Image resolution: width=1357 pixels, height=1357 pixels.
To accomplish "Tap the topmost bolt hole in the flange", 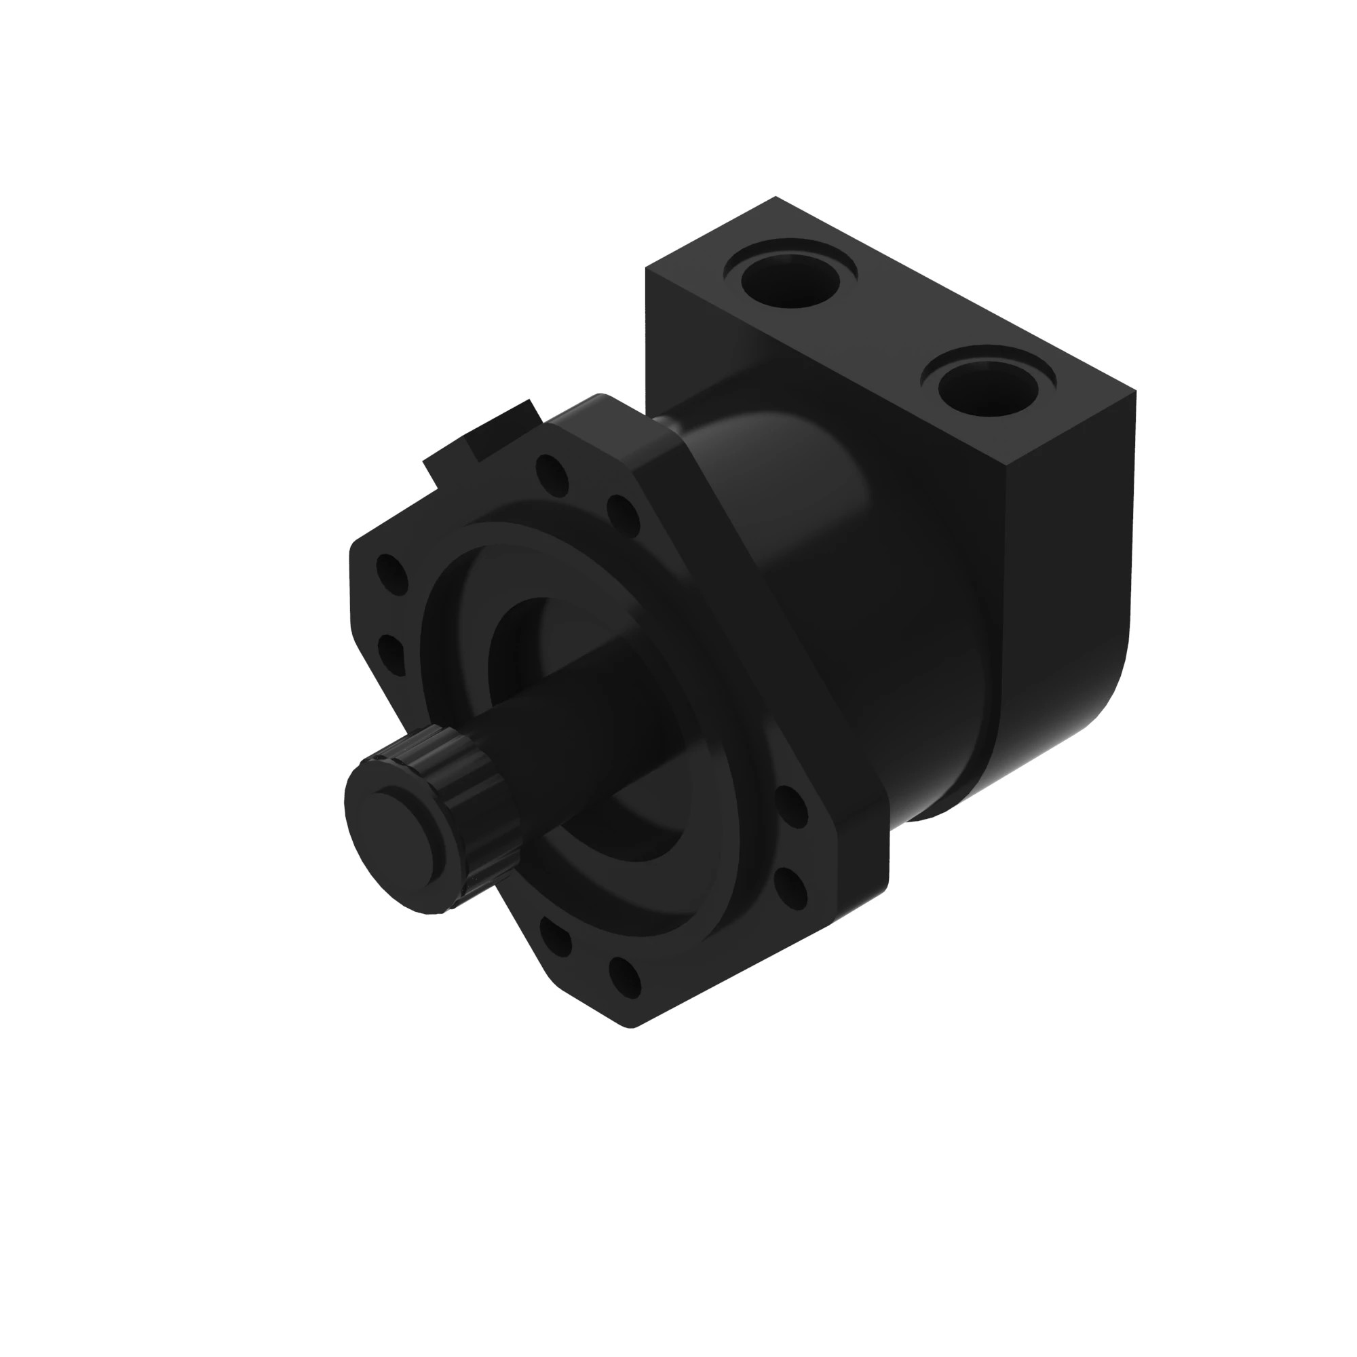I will pos(552,475).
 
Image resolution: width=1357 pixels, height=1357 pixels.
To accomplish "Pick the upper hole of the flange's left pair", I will pos(392,574).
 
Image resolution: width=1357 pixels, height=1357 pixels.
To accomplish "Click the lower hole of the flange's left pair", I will pos(391,654).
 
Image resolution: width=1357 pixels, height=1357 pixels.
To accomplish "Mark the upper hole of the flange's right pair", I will pos(792,806).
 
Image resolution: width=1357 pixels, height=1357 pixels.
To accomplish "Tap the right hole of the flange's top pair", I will pos(622,514).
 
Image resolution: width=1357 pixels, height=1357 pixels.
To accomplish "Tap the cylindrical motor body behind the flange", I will pos(878,597).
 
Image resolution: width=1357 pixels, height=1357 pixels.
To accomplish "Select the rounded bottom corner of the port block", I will pos(1103,695).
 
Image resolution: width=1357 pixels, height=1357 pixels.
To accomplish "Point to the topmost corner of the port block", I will pos(776,198).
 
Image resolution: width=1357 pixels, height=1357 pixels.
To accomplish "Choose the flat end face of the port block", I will pos(1067,562).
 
